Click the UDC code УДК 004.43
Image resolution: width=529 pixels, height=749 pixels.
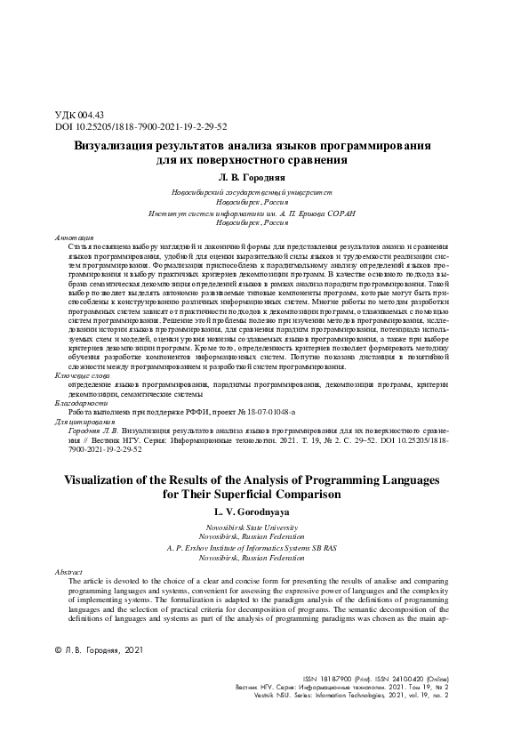point(80,115)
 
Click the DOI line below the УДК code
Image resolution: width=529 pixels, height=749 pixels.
point(130,127)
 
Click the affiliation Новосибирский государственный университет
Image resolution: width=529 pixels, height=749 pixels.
point(264,192)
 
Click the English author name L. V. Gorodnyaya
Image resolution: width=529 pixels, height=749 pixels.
point(263,511)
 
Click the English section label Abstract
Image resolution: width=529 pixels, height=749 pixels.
point(68,571)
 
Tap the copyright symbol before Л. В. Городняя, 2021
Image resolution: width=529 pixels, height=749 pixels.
point(60,652)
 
